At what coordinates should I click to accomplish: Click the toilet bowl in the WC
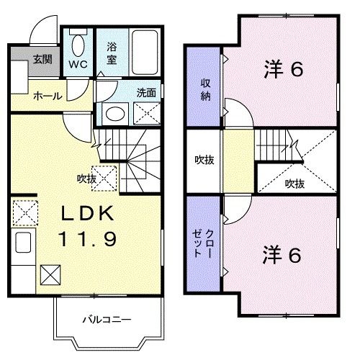pyautogui.click(x=78, y=45)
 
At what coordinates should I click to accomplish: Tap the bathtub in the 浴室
pyautogui.click(x=145, y=52)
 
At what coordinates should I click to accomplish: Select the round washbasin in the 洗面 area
pyautogui.click(x=115, y=114)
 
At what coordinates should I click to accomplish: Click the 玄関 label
pyautogui.click(x=42, y=59)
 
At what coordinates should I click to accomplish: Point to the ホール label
pyautogui.click(x=48, y=96)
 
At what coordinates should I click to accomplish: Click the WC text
pyautogui.click(x=78, y=64)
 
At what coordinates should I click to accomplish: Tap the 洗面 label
pyautogui.click(x=146, y=93)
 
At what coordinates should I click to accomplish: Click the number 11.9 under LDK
pyautogui.click(x=88, y=239)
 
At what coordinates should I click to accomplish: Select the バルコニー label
pyautogui.click(x=107, y=320)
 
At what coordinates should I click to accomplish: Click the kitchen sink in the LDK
pyautogui.click(x=23, y=243)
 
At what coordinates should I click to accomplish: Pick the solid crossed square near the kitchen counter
pyautogui.click(x=50, y=275)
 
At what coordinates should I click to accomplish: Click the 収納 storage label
pyautogui.click(x=206, y=90)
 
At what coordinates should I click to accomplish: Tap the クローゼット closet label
pyautogui.click(x=203, y=243)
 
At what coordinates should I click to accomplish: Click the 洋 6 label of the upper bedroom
pyautogui.click(x=284, y=69)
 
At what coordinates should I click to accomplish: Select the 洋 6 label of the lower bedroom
pyautogui.click(x=282, y=255)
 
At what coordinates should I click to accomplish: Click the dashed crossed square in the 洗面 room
pyautogui.click(x=147, y=114)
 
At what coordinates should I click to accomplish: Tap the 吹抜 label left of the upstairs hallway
pyautogui.click(x=204, y=160)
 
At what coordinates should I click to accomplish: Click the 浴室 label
pyautogui.click(x=112, y=53)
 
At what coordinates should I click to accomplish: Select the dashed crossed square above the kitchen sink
pyautogui.click(x=25, y=213)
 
